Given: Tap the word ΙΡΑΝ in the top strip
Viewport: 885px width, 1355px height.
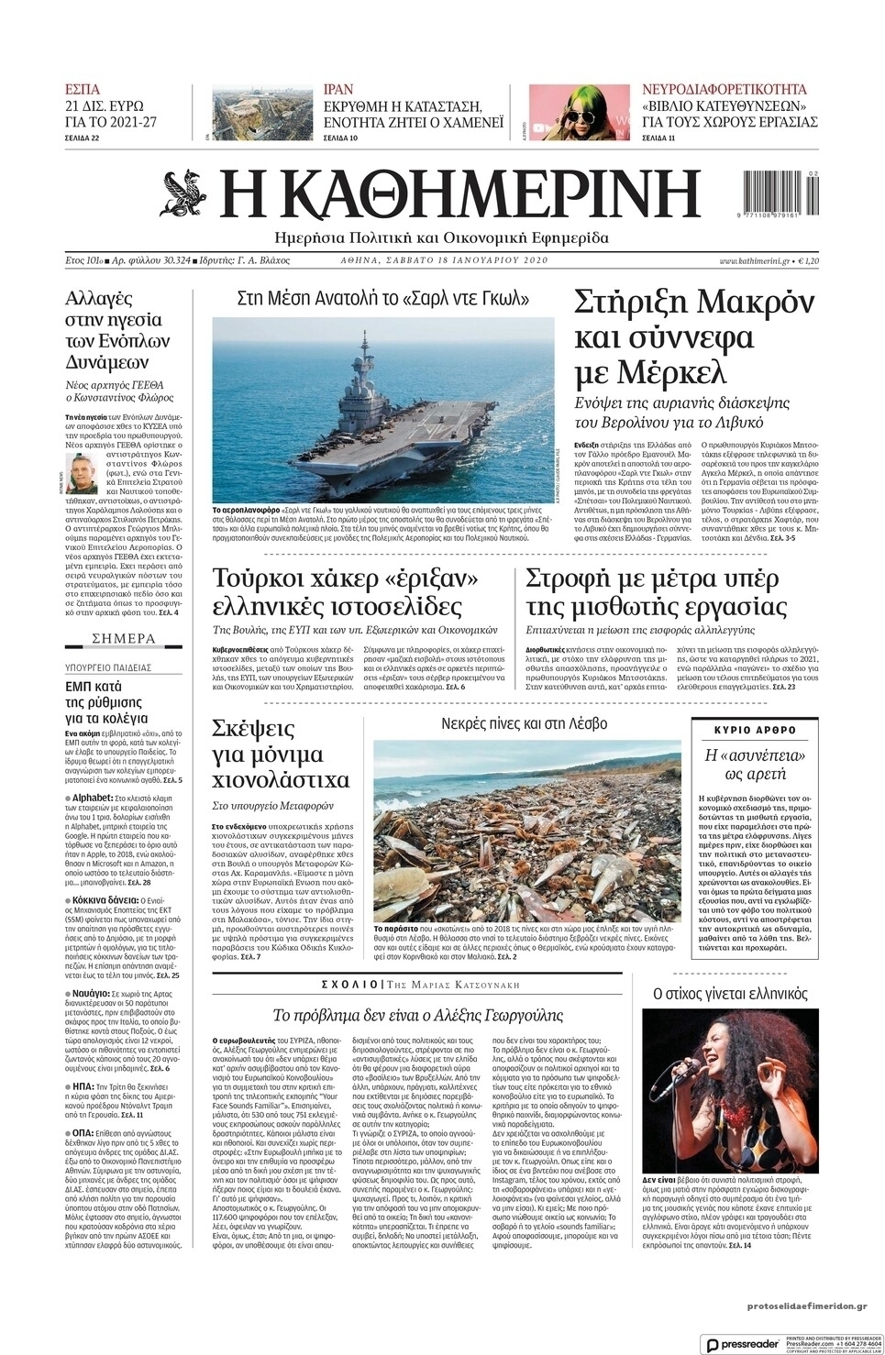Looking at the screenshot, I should click(x=338, y=90).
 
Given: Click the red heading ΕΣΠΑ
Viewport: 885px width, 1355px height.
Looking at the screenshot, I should click(x=83, y=90).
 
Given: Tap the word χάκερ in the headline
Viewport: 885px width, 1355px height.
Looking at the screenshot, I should click(x=338, y=579).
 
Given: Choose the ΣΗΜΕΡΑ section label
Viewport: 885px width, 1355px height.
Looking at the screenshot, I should click(x=124, y=638).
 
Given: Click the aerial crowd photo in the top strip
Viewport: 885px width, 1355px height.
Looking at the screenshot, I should click(x=261, y=114).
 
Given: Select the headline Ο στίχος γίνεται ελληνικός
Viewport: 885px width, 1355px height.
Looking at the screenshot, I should click(x=729, y=993).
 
